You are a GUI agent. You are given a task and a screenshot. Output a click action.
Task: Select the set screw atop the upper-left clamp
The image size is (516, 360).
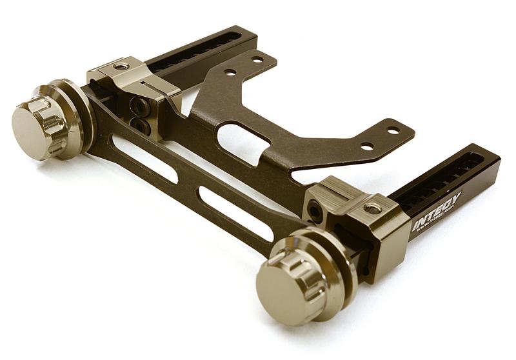click(119, 66)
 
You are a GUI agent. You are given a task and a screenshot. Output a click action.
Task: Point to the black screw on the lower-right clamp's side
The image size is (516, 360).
click(315, 210)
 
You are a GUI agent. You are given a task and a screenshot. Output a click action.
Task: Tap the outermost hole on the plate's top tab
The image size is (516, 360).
click(257, 59)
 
